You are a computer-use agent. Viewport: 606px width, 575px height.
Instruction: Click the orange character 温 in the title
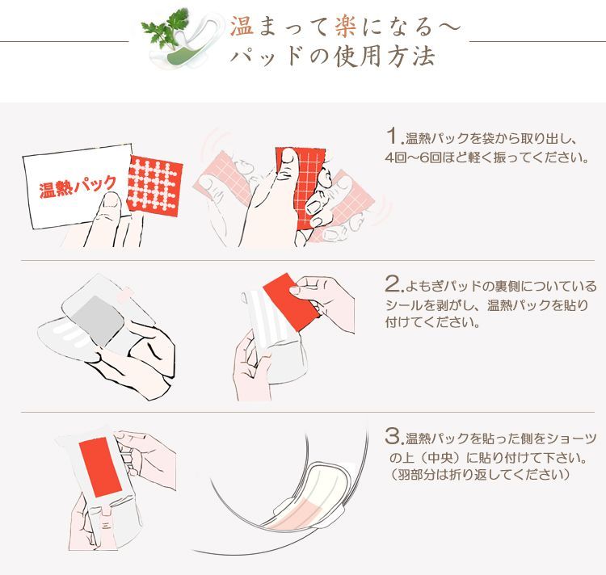coord(242,26)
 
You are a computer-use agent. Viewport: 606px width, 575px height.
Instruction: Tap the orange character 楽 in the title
coord(346,26)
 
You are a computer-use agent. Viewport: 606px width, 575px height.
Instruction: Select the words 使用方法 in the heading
coord(384,57)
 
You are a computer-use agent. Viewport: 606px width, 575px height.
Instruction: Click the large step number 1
coord(393,136)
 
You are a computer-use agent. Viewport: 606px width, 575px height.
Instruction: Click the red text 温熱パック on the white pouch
coord(78,187)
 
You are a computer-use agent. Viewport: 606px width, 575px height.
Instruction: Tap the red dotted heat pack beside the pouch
coord(154,186)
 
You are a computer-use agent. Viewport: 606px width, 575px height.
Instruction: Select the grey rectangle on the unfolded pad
coord(98,321)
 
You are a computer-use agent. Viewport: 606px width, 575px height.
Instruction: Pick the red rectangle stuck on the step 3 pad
coord(100,467)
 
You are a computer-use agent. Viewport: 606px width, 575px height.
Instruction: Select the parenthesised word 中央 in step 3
coord(440,458)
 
